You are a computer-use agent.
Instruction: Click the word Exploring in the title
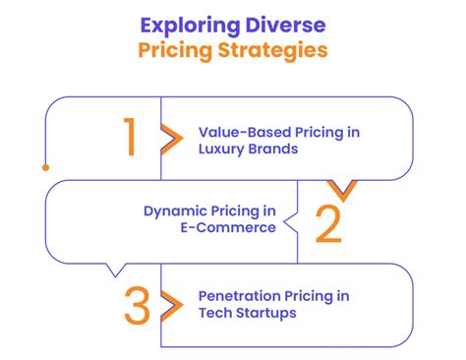pyautogui.click(x=189, y=23)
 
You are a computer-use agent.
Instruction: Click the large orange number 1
pyautogui.click(x=129, y=139)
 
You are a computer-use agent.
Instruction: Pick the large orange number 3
pyautogui.click(x=138, y=306)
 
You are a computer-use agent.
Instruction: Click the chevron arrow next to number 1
pyautogui.click(x=171, y=139)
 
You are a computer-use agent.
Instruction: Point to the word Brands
pyautogui.click(x=270, y=149)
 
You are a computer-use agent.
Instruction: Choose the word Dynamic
pyautogui.click(x=173, y=210)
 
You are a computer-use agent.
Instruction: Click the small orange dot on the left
pyautogui.click(x=45, y=168)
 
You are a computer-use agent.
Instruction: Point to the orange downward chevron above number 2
pyautogui.click(x=342, y=188)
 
